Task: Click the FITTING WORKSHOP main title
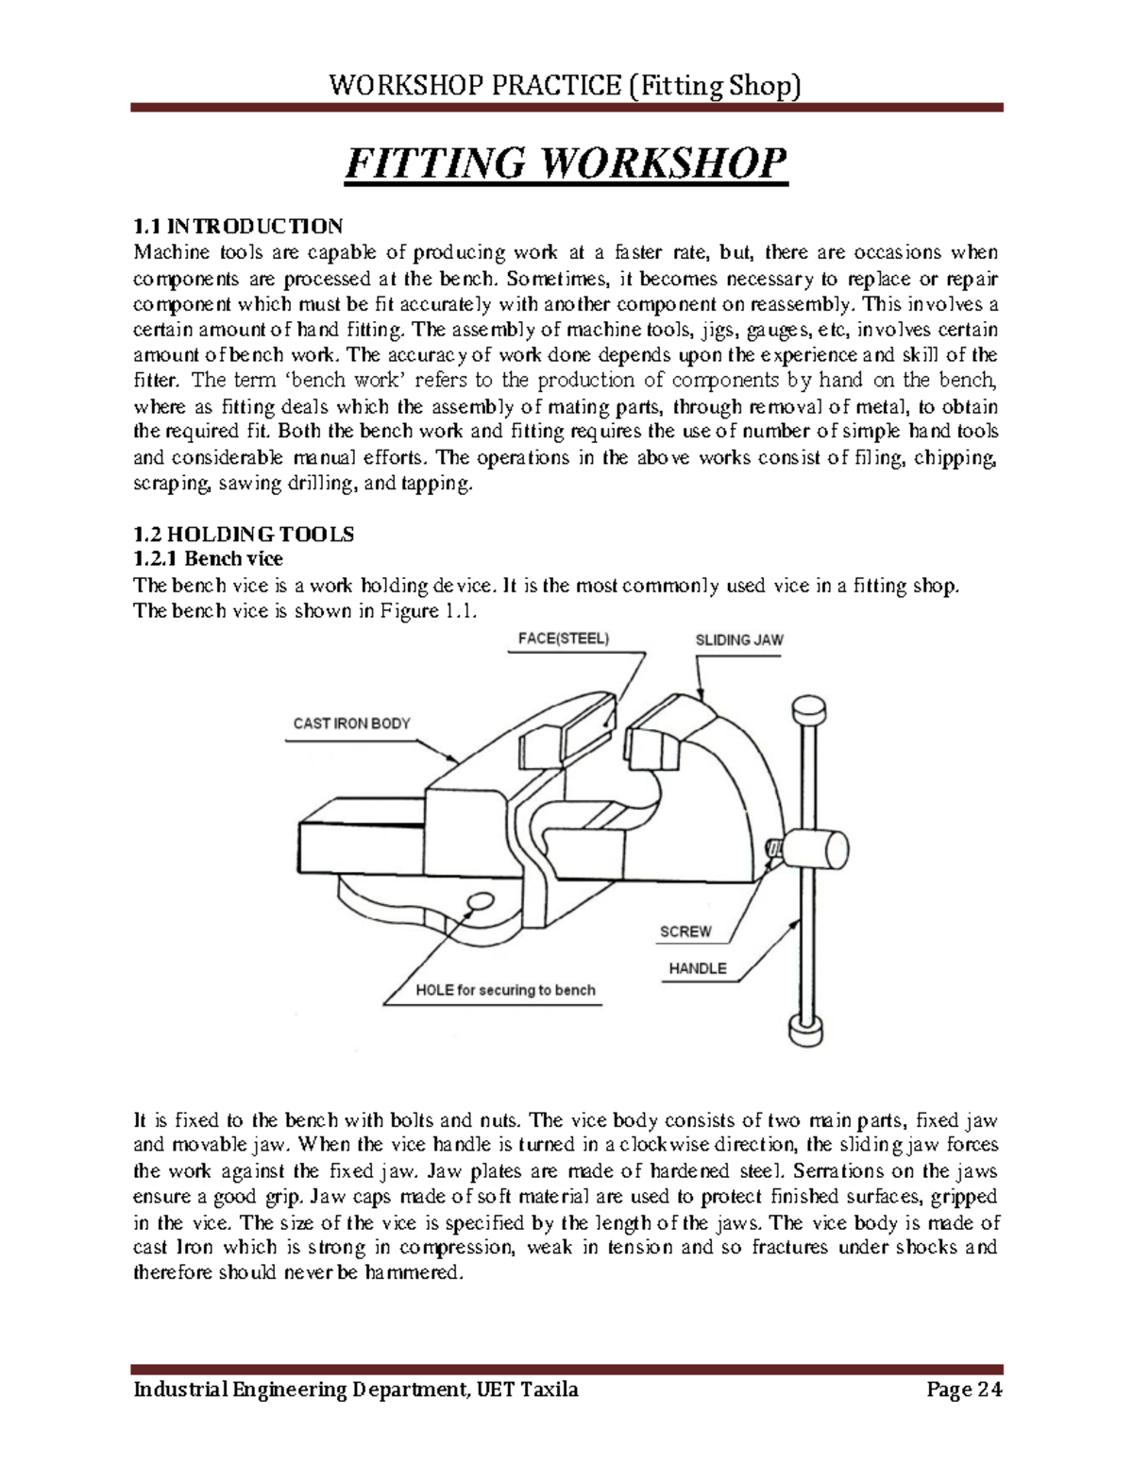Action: point(566,164)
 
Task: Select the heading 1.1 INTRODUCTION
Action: point(238,227)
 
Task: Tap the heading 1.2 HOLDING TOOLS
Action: point(244,535)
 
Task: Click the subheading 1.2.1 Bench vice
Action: point(208,559)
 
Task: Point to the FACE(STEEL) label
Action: point(564,638)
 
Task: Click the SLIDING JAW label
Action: point(739,640)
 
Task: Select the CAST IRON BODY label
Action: point(351,724)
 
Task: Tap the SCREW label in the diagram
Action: point(685,931)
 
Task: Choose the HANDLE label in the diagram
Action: point(698,968)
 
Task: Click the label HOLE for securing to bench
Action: point(505,990)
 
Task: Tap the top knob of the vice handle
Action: point(809,708)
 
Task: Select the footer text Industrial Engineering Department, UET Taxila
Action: point(356,1390)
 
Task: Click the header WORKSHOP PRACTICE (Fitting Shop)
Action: point(566,88)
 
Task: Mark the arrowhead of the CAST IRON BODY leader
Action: point(457,762)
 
